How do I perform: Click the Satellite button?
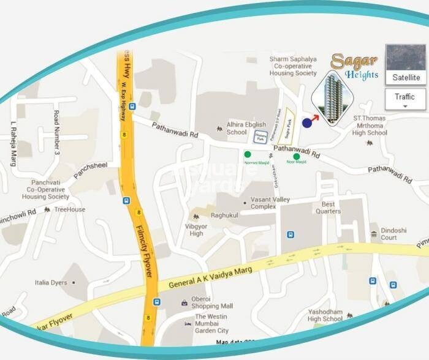point(406,77)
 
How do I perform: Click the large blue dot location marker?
point(307,123)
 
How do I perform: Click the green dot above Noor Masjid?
point(297,157)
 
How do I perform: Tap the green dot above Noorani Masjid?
point(248,155)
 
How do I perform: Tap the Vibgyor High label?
point(197,230)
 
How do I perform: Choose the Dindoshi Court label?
point(393,234)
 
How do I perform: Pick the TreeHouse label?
point(70,209)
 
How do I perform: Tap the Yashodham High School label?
point(325,315)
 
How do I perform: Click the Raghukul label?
point(224,216)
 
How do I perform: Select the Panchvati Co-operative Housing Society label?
point(46,190)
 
